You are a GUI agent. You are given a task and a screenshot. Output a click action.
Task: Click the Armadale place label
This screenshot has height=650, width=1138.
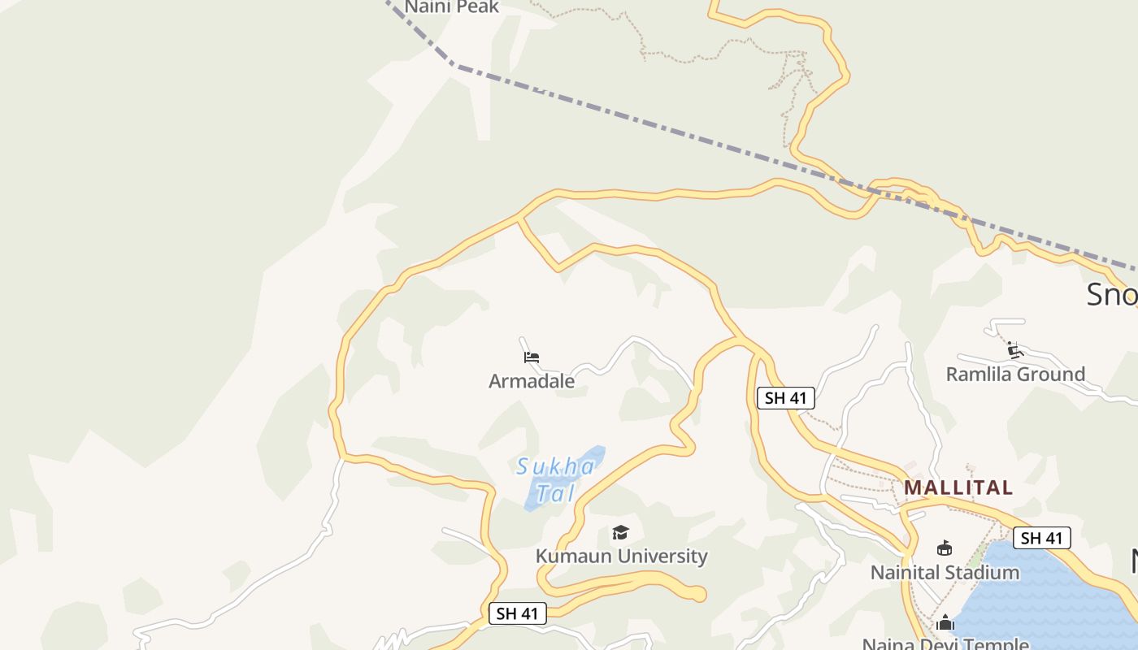pos(532,381)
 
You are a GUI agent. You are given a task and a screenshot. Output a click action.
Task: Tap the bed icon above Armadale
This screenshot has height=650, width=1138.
pos(532,357)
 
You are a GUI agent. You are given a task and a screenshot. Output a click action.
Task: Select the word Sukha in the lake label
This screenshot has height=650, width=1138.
pos(556,467)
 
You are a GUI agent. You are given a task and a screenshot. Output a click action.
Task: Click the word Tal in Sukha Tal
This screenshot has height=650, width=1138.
pos(556,493)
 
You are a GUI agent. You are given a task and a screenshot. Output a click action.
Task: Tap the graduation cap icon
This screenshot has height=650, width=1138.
pos(621,532)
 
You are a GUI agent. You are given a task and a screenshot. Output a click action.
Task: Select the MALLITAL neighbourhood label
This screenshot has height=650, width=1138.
pos(958,487)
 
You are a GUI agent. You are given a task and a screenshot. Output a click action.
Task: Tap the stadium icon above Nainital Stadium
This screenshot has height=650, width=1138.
pos(945,548)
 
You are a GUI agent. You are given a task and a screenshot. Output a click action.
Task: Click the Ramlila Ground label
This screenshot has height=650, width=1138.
pos(1015,375)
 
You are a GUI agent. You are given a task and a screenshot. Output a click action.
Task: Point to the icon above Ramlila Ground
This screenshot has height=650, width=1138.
pos(1014,351)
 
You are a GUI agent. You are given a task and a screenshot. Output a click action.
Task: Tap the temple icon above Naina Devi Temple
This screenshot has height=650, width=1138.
pos(945,623)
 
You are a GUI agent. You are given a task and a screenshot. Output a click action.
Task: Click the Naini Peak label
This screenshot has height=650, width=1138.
pos(452,7)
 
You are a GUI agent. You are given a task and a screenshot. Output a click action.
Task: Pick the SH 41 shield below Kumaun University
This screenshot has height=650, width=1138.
pos(518,613)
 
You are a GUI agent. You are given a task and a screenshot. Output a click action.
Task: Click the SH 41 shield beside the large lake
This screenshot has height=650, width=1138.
pos(1042,538)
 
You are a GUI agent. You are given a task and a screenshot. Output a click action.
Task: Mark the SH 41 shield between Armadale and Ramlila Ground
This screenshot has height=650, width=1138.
pos(786,398)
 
